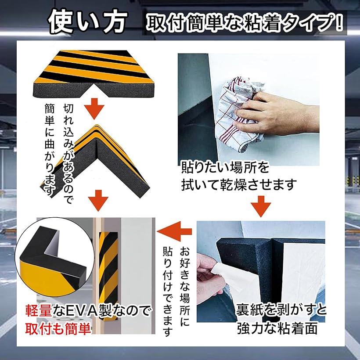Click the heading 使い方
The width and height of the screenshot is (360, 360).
point(88,22)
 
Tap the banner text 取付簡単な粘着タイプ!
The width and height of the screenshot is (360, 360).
point(245,23)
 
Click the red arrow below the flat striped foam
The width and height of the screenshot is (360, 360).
point(94,108)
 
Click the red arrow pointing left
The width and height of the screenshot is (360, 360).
point(174,231)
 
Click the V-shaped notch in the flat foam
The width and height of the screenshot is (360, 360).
point(94,86)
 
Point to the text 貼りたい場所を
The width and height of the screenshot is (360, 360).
point(225,167)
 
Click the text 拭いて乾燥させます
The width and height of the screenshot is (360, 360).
point(239,184)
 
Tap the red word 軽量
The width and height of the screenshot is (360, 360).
point(38,311)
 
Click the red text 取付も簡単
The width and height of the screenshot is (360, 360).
point(58,329)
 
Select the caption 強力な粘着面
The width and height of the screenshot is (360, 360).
point(277,328)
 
